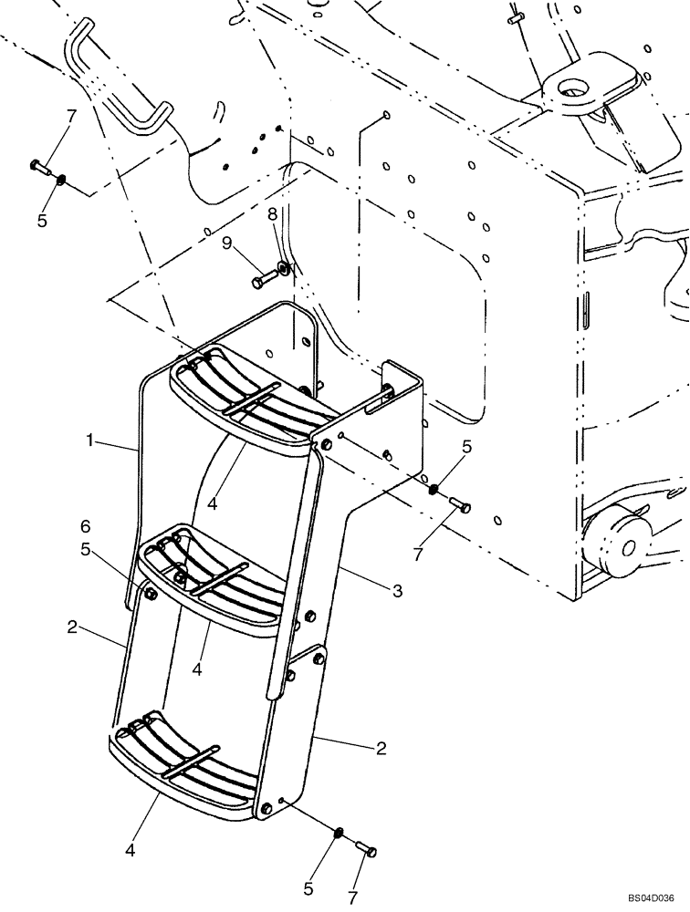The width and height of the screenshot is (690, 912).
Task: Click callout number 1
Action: (x=90, y=440)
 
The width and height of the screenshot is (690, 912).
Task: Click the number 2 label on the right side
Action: (x=381, y=749)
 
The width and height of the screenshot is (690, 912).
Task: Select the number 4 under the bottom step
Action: (x=131, y=850)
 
